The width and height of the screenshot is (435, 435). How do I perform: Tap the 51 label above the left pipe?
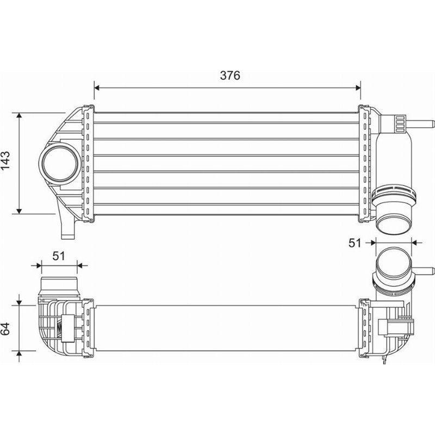(60, 256)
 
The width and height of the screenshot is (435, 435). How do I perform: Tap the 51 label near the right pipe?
(355, 243)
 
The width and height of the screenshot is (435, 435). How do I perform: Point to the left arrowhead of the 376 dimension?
(97, 86)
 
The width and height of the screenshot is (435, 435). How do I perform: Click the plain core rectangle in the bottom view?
(226, 329)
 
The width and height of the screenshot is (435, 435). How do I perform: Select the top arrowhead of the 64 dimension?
(20, 300)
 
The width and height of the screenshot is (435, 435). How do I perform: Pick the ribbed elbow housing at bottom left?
(54, 326)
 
